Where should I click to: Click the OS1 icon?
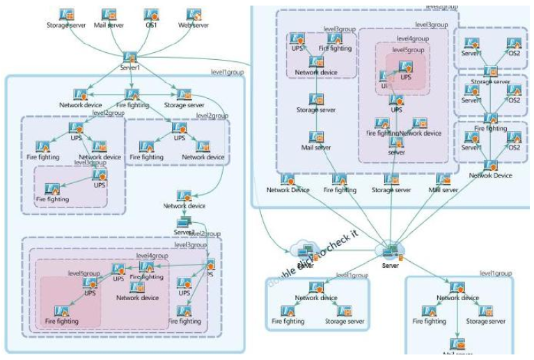(151, 15)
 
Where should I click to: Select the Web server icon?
(194, 15)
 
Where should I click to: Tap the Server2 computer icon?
(184, 222)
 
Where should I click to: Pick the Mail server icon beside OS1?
(109, 15)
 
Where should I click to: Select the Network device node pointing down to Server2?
(184, 196)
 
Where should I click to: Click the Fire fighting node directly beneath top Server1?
(132, 95)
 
